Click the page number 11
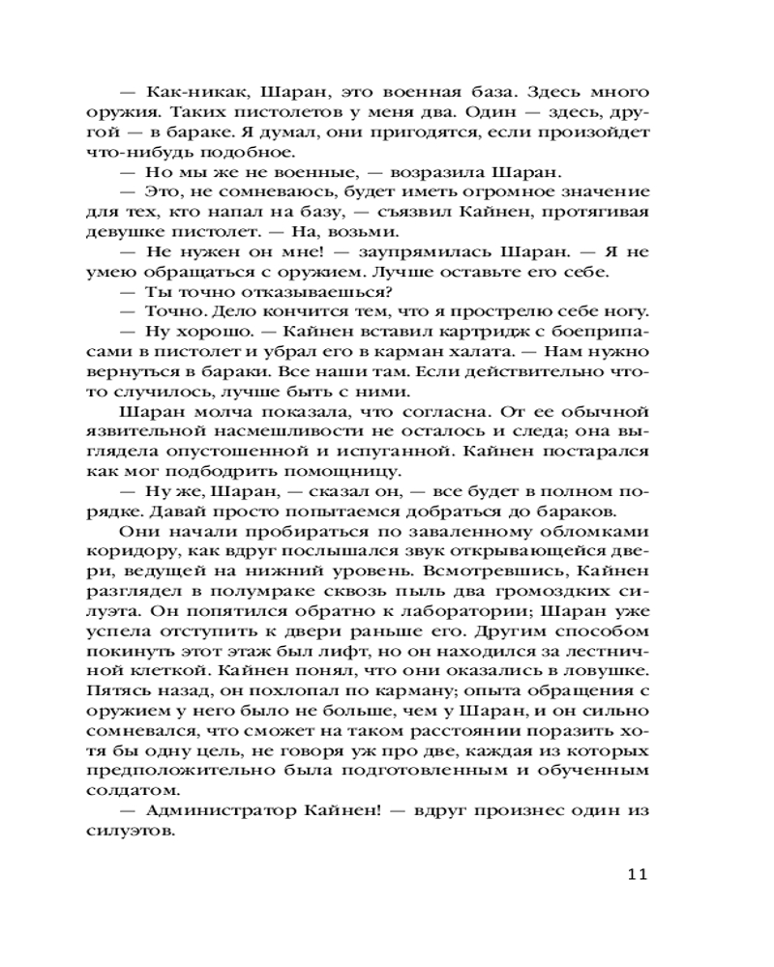(635, 876)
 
